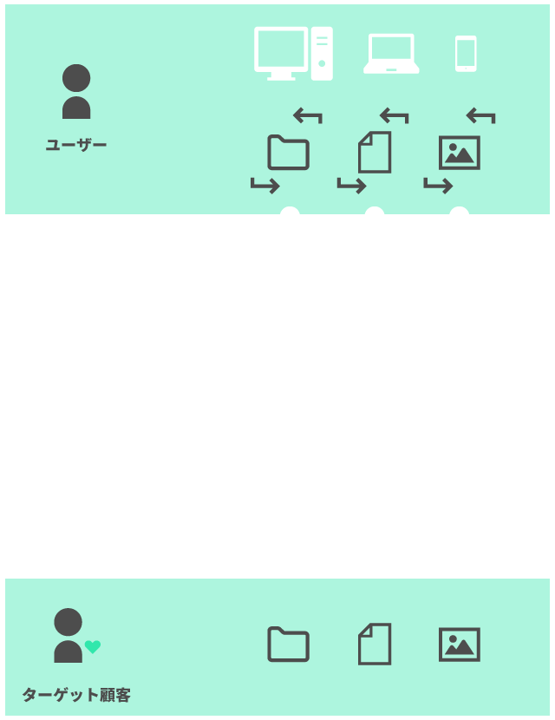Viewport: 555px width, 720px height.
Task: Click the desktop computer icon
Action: pyautogui.click(x=293, y=54)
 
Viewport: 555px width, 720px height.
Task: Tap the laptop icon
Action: pyautogui.click(x=391, y=55)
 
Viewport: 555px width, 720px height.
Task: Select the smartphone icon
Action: pyautogui.click(x=466, y=54)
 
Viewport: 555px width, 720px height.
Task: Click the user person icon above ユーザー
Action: pyautogui.click(x=76, y=92)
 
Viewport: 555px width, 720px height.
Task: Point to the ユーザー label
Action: pyautogui.click(x=76, y=144)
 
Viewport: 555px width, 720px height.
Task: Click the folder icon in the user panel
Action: pyautogui.click(x=289, y=152)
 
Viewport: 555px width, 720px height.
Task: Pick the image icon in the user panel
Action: pyautogui.click(x=460, y=152)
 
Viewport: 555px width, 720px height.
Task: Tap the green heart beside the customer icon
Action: pyautogui.click(x=93, y=646)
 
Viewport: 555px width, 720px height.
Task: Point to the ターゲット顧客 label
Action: pyautogui.click(x=76, y=695)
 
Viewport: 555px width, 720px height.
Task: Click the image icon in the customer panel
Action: pyautogui.click(x=460, y=645)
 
